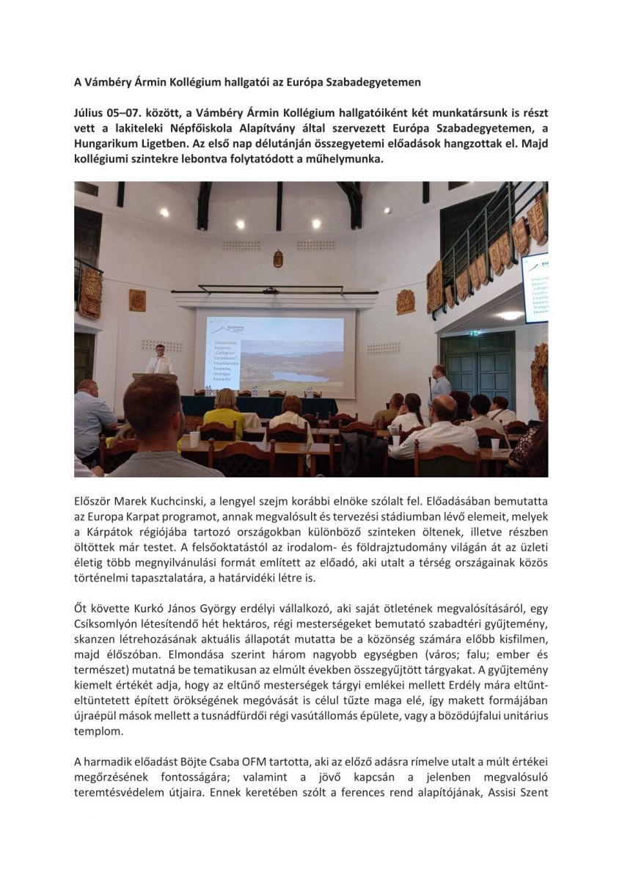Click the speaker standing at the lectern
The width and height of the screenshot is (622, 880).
coord(158,360)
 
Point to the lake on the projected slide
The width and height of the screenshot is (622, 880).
coord(294,376)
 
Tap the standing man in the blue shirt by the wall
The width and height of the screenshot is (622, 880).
coord(439,385)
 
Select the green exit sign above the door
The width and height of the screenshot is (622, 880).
coord(474,331)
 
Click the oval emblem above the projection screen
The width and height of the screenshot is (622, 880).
coord(278,259)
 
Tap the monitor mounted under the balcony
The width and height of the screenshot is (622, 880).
coord(535,285)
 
